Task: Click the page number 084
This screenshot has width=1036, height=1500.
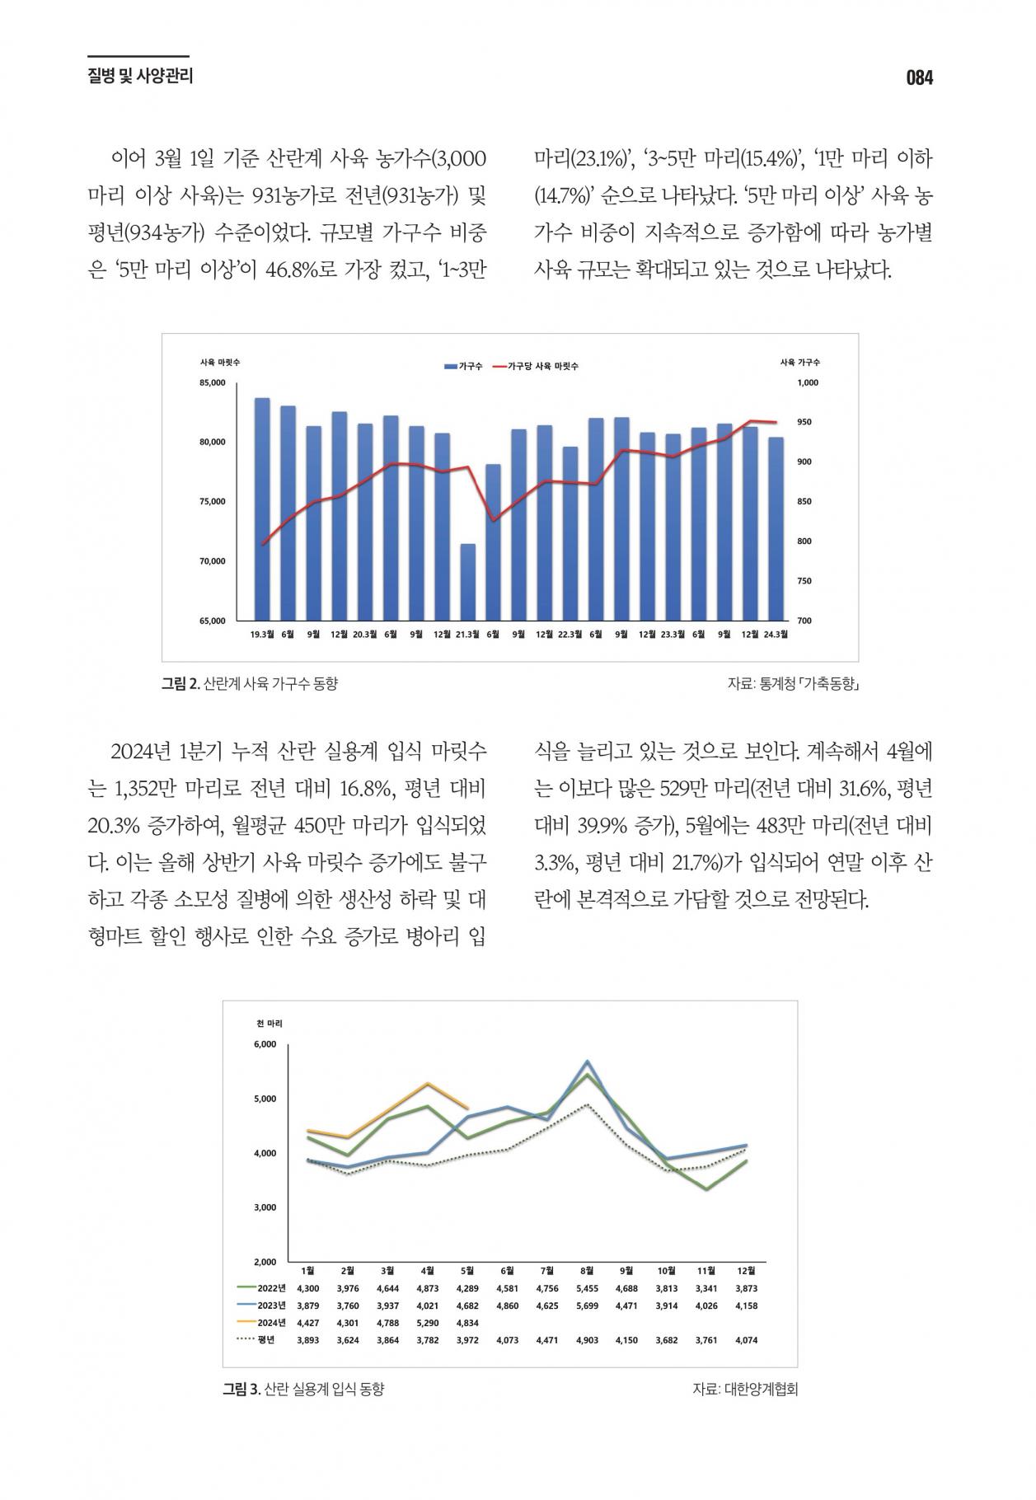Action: pos(920,78)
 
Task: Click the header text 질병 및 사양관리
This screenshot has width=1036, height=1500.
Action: pos(140,77)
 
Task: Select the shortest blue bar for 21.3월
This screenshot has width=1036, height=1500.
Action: pos(467,582)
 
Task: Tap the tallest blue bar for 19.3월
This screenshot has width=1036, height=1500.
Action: pos(262,509)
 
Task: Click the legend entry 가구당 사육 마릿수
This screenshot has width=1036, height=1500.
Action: pos(535,366)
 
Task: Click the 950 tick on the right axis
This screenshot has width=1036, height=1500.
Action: pos(804,423)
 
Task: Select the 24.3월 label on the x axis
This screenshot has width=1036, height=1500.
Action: pos(776,634)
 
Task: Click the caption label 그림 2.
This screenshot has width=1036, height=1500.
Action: pos(180,683)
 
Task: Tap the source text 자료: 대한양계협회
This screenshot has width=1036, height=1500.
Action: pos(745,1390)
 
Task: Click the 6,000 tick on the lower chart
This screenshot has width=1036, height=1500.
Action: pos(265,1044)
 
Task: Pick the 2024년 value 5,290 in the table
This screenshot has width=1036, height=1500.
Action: pos(428,1323)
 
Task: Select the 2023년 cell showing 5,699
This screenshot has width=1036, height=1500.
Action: pos(587,1305)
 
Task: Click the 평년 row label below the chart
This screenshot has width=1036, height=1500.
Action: pos(266,1340)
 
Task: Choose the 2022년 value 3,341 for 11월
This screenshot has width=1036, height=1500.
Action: pos(706,1288)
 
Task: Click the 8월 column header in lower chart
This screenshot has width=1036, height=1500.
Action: pos(587,1270)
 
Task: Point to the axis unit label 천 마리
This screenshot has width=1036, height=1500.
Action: pos(270,1023)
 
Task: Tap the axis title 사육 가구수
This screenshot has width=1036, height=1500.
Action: pos(799,363)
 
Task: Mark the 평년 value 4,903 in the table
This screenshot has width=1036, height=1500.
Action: pos(587,1340)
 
